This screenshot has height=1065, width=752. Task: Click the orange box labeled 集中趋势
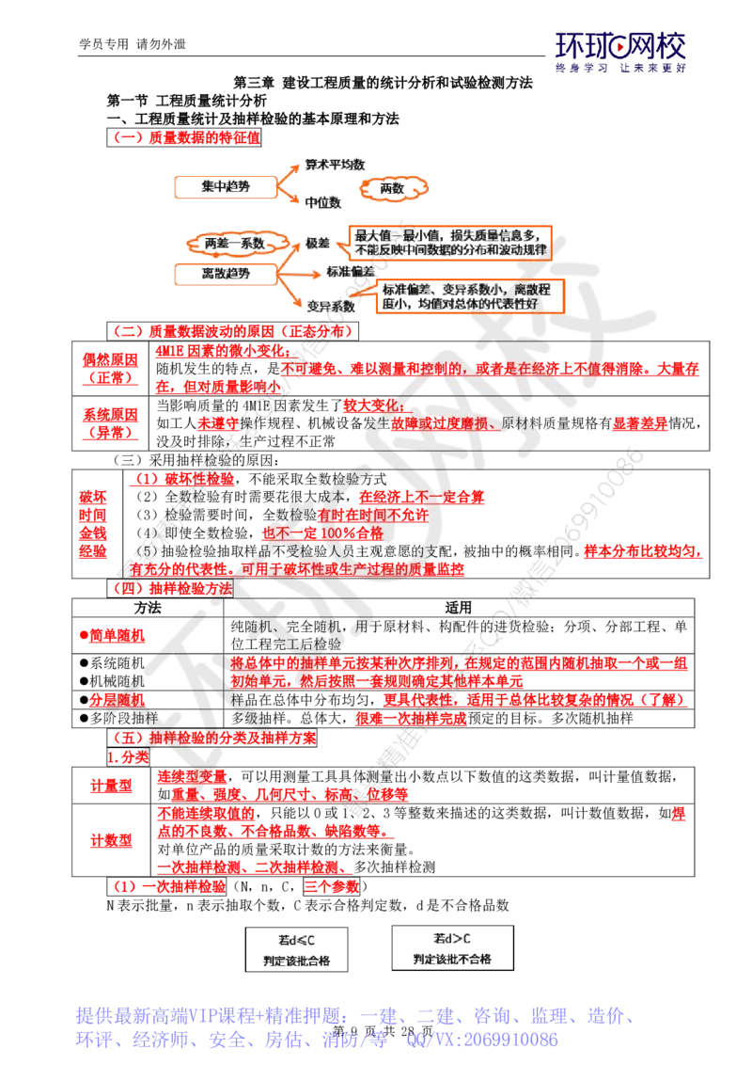point(226,188)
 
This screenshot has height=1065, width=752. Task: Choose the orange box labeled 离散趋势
point(226,273)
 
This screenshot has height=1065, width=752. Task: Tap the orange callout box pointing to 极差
point(449,242)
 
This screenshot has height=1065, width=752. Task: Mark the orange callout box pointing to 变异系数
point(469,295)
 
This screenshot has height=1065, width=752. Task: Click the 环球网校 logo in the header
point(620,53)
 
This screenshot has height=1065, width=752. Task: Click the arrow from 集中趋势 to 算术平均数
point(287,174)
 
